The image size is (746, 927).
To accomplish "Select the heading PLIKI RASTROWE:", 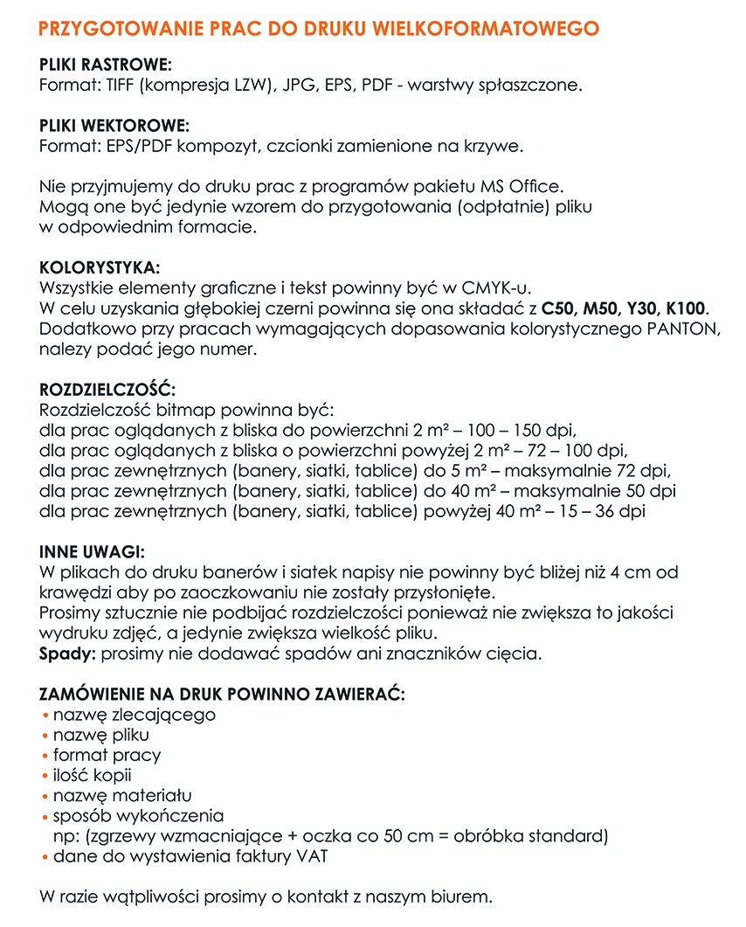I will pos(106,66).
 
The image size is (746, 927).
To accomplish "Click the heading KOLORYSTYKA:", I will pos(100,267).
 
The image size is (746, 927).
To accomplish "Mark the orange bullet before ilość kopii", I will pos(45,775).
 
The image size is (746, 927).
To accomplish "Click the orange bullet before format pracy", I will pos(45,755).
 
